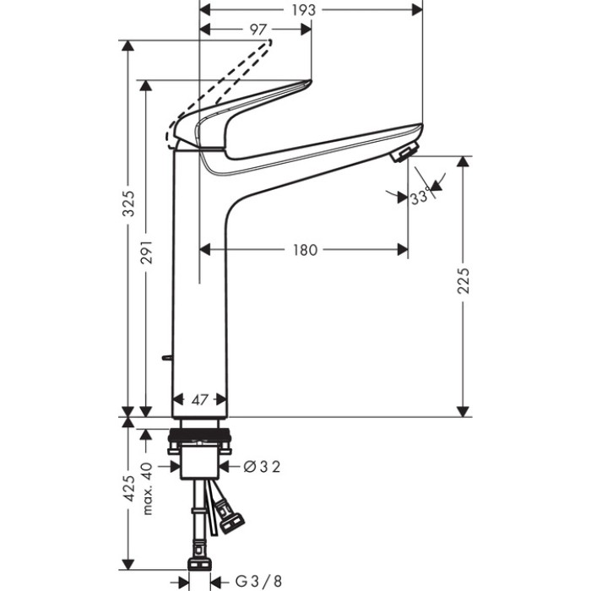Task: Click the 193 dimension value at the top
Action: [304, 10]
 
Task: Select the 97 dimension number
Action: [259, 30]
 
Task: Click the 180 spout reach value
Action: [305, 250]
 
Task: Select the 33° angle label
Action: [419, 197]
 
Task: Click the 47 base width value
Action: [199, 400]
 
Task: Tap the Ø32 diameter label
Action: [261, 465]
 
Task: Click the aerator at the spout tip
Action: [403, 154]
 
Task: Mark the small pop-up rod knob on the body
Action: [167, 358]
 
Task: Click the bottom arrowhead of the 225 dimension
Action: [463, 410]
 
